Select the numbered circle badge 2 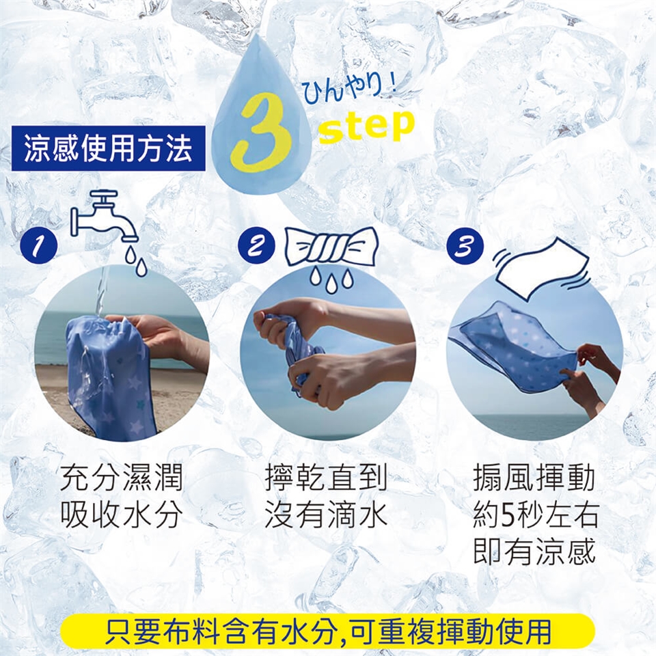(x=256, y=245)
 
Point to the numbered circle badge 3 (x=465, y=245)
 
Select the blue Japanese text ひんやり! (x=349, y=89)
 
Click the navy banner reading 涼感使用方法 (x=109, y=148)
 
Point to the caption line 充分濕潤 (x=122, y=478)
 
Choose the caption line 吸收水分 (x=122, y=514)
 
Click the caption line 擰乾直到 (x=326, y=478)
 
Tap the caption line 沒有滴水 (x=326, y=514)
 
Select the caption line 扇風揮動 (x=534, y=478)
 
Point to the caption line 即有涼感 (x=534, y=551)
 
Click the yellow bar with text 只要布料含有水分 (x=327, y=631)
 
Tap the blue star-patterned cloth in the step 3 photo (x=515, y=347)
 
